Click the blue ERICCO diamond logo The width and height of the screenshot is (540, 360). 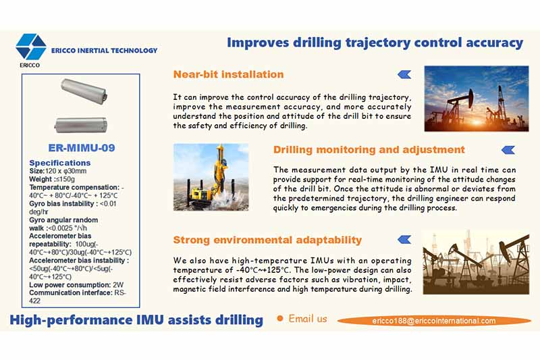pyautogui.click(x=31, y=47)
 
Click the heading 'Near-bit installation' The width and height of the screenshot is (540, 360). pyautogui.click(x=228, y=74)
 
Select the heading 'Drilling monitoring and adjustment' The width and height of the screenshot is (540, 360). pyautogui.click(x=369, y=149)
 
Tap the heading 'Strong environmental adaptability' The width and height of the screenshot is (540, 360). pyautogui.click(x=267, y=240)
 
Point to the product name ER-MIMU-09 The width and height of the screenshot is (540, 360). pyautogui.click(x=81, y=147)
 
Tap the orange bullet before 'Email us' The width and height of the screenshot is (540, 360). pyautogui.click(x=279, y=319)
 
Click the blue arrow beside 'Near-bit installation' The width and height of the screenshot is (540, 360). pyautogui.click(x=404, y=74)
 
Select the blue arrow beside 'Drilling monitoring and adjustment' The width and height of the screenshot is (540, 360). pyautogui.click(x=508, y=149)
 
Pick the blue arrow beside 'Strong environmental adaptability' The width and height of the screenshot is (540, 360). pyautogui.click(x=404, y=239)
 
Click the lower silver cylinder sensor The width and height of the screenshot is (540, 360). pyautogui.click(x=81, y=124)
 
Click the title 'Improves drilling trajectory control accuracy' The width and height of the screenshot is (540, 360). pyautogui.click(x=375, y=43)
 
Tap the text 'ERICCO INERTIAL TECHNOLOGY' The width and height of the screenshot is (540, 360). pyautogui.click(x=104, y=50)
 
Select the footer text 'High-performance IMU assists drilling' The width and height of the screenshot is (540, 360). pyautogui.click(x=136, y=319)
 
